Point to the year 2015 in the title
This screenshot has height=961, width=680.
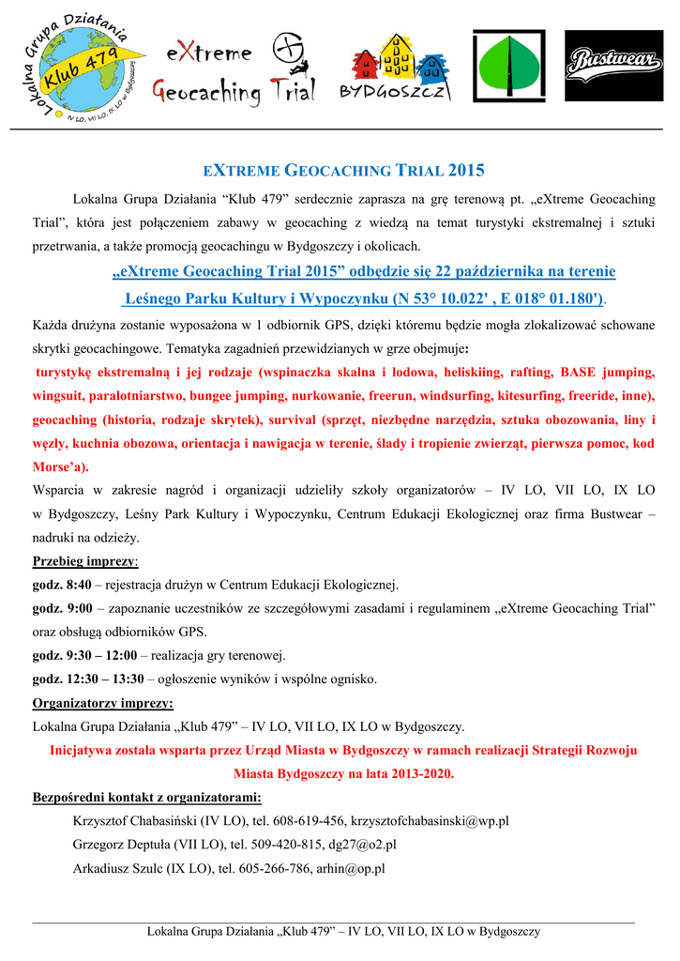point(466,171)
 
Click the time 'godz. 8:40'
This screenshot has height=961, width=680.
point(61,584)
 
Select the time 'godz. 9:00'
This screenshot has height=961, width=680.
point(61,607)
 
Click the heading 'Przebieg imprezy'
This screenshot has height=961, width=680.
point(84,560)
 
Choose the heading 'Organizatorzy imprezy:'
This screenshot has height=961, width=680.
point(102,703)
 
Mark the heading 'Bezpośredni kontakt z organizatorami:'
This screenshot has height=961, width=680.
point(146,798)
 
